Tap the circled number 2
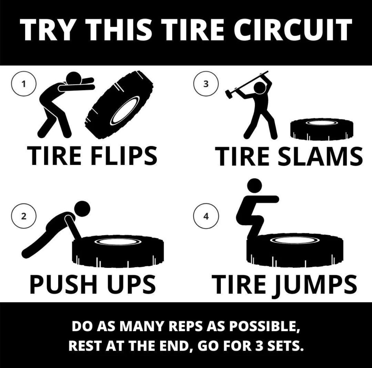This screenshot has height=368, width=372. tap(23, 216)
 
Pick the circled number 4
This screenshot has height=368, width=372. tap(205, 216)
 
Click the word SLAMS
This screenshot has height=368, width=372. tap(319, 156)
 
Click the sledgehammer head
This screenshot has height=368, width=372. tap(230, 93)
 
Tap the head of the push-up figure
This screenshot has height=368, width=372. tap(83, 208)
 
